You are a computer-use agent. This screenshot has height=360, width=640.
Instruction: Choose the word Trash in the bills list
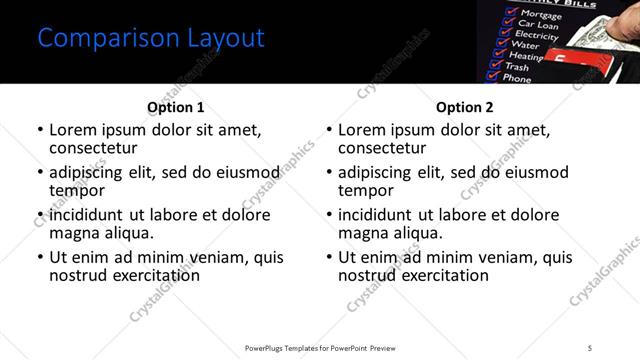click(x=519, y=67)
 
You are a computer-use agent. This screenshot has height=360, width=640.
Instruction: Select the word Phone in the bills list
click(x=517, y=78)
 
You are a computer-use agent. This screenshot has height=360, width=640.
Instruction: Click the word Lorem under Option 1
click(x=73, y=130)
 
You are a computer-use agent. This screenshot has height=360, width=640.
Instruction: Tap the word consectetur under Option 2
click(x=387, y=148)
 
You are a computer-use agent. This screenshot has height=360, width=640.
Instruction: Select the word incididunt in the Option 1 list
click(x=86, y=214)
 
